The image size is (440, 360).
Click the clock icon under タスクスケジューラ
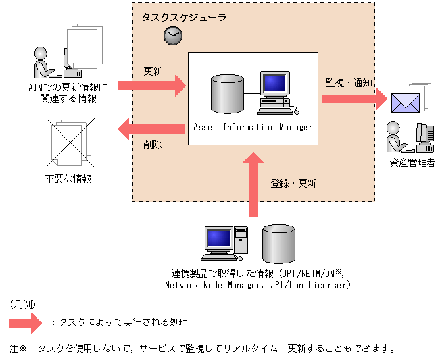click(x=172, y=36)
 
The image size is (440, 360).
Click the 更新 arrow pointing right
click(x=153, y=85)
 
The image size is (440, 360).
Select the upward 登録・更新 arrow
click(x=253, y=184)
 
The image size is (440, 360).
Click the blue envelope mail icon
click(x=405, y=103)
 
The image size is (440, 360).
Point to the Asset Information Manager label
click(x=253, y=127)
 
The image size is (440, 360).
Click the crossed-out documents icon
click(x=68, y=142)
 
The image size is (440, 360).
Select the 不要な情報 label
click(x=68, y=178)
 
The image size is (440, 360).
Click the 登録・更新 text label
click(x=293, y=184)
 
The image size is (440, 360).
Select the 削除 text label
click(x=153, y=145)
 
